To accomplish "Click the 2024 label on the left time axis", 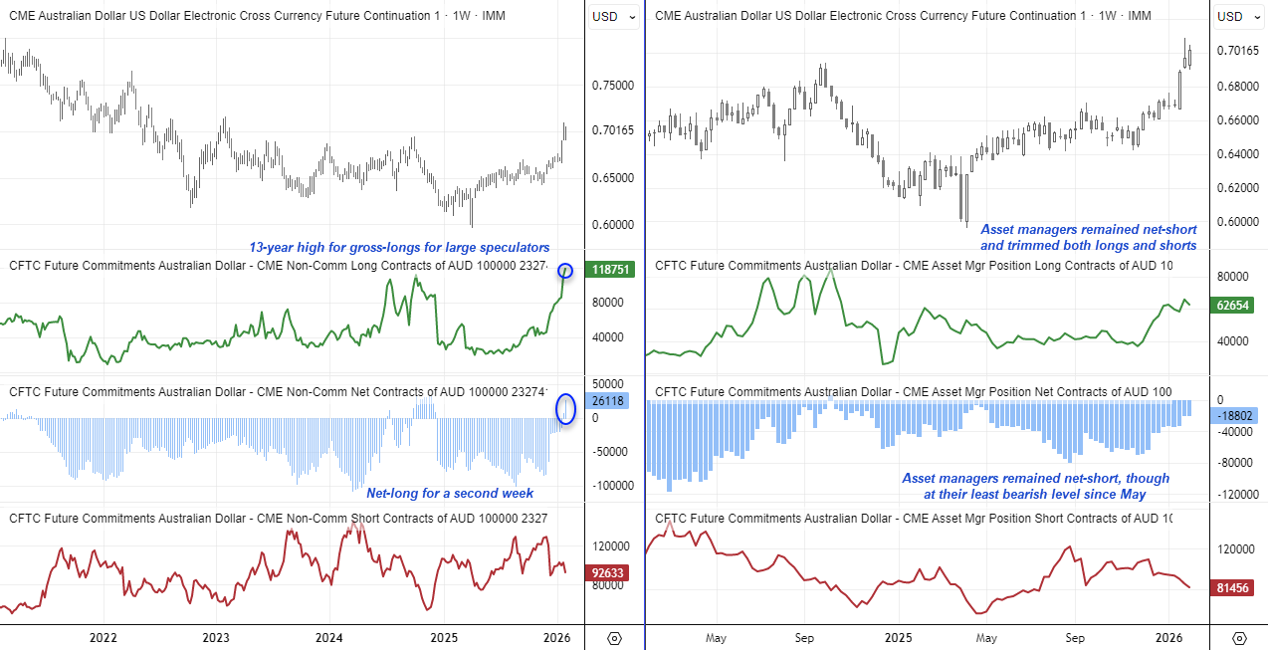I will click(x=329, y=637).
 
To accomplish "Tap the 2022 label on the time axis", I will click(x=104, y=637).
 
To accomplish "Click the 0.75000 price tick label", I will click(x=612, y=86).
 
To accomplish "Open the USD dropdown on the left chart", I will click(x=613, y=17).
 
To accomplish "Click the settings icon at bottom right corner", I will click(x=1239, y=638).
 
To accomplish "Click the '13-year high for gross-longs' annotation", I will click(x=398, y=248).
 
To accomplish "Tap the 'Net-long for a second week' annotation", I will click(x=450, y=494).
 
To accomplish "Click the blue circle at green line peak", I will click(x=565, y=271).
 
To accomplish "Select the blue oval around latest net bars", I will click(x=566, y=407).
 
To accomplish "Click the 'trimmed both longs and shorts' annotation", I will click(x=1088, y=246).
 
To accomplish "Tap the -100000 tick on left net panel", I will click(x=612, y=485).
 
